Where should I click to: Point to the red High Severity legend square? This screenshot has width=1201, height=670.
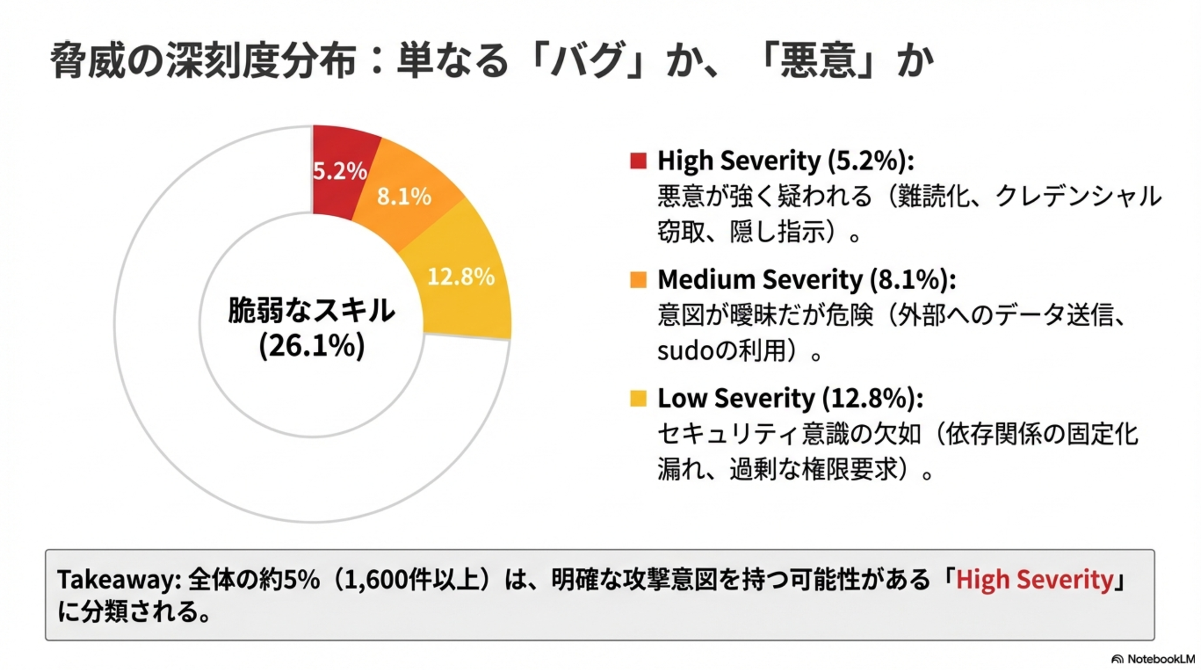[x=638, y=160]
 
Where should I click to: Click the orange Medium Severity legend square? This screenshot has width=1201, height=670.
[x=638, y=279]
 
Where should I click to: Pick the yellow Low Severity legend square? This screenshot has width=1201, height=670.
[x=638, y=398]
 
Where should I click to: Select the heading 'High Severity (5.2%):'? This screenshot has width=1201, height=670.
[x=785, y=160]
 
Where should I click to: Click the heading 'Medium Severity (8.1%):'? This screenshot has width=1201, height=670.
[x=806, y=279]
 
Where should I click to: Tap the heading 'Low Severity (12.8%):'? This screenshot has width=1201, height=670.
[x=790, y=398]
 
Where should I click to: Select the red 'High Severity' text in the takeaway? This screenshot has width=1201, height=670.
[x=1034, y=580]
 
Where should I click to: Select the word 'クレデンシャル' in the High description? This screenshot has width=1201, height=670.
[x=1078, y=196]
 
